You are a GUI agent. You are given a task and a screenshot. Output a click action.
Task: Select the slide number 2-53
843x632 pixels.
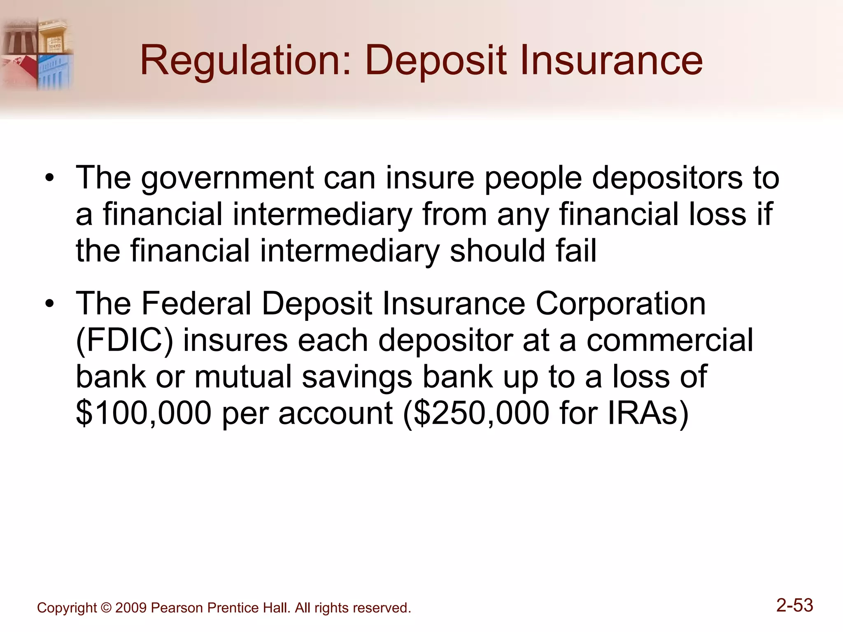[794, 605]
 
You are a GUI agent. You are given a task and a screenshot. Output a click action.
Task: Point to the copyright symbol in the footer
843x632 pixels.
[106, 608]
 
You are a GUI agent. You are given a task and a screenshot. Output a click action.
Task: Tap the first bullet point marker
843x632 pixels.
[50, 179]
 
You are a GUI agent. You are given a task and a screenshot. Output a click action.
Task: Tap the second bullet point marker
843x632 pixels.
[50, 304]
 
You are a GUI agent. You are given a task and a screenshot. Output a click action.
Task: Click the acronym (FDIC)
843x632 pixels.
[124, 341]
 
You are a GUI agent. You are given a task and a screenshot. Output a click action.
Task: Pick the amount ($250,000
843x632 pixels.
[476, 414]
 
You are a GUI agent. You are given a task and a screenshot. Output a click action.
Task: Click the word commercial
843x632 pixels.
[670, 341]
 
